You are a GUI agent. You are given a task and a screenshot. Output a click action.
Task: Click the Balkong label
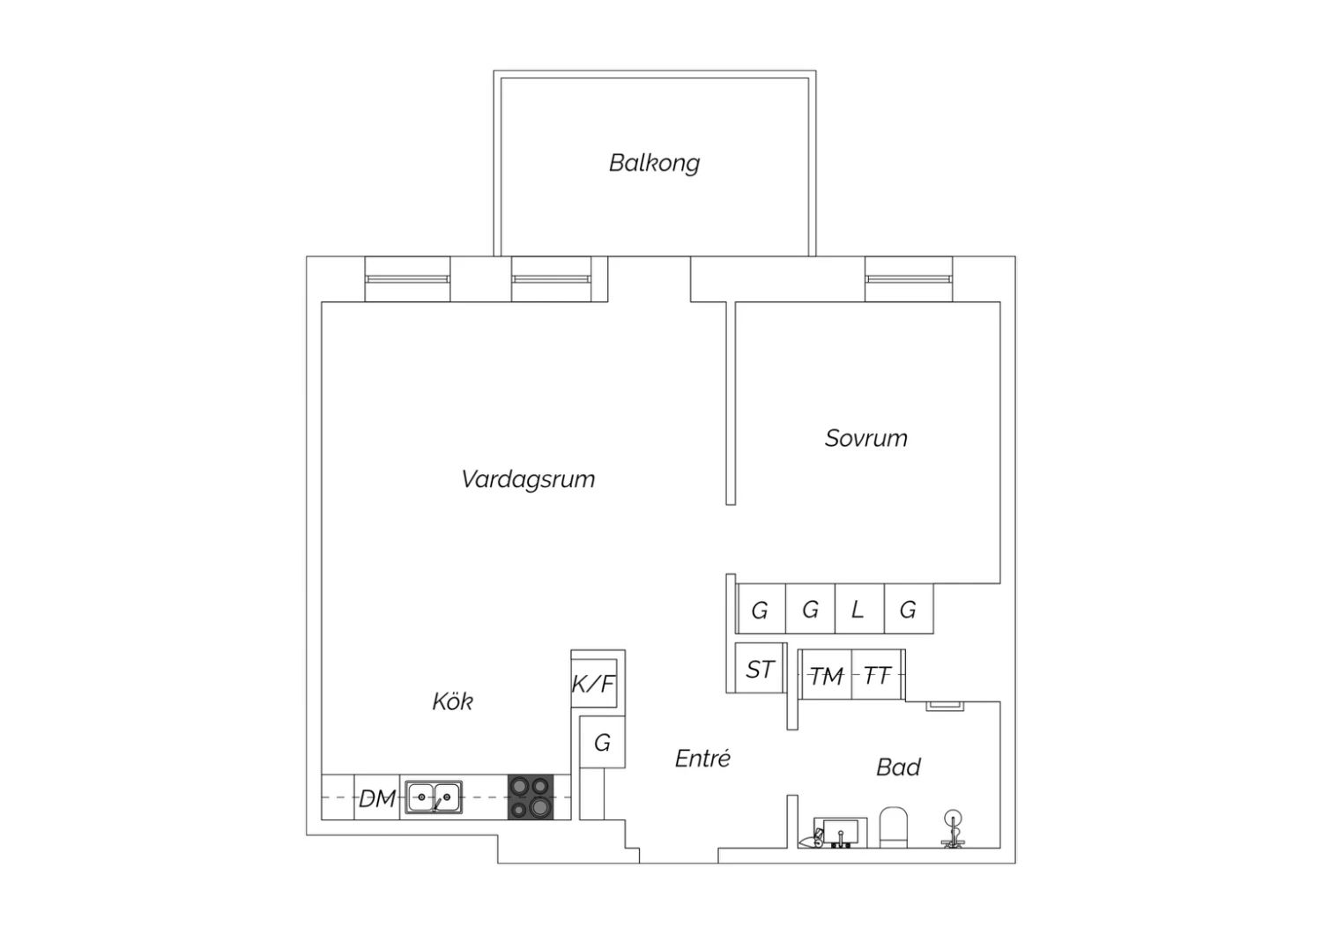654,163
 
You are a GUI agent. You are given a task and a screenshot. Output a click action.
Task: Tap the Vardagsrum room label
528,479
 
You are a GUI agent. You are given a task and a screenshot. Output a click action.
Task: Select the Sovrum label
865,439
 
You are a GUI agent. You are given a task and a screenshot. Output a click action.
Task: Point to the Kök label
453,701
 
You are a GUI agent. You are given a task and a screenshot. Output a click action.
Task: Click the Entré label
702,758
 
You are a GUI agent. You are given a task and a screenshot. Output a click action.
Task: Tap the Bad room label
898,767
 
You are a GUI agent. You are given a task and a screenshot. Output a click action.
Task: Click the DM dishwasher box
377,797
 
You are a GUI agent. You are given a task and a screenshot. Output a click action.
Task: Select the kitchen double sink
434,797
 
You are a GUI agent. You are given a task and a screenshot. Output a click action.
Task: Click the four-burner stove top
531,797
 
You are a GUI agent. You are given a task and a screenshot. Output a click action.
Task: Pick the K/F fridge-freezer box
594,684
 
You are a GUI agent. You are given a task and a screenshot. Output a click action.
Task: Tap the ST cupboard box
759,668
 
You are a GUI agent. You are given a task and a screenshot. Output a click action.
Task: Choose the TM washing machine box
826,674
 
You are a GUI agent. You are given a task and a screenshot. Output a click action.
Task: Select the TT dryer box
877,674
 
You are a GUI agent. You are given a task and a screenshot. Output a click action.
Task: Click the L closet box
859,608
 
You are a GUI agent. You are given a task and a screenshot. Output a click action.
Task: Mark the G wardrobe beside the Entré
602,742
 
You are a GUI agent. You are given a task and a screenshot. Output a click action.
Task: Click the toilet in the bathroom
893,827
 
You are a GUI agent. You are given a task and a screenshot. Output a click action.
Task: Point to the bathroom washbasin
841,833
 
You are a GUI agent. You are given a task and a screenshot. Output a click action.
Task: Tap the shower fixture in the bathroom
952,829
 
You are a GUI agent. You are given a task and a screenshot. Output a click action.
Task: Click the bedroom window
909,279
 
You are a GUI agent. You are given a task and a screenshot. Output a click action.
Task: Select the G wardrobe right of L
909,608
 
